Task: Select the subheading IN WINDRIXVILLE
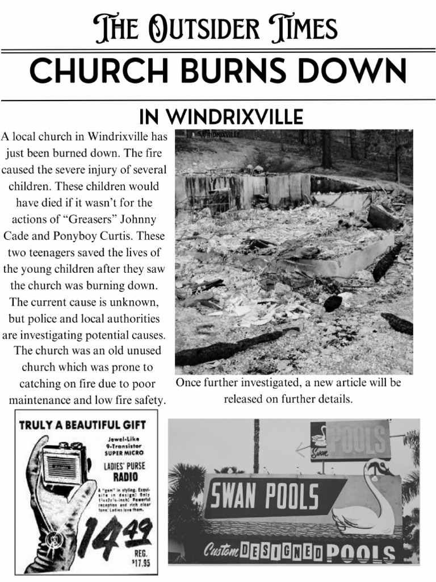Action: [221, 117]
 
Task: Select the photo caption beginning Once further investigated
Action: [288, 391]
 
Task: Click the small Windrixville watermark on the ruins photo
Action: [219, 135]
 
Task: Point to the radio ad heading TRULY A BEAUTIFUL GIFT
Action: [83, 425]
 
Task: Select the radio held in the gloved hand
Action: [64, 464]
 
